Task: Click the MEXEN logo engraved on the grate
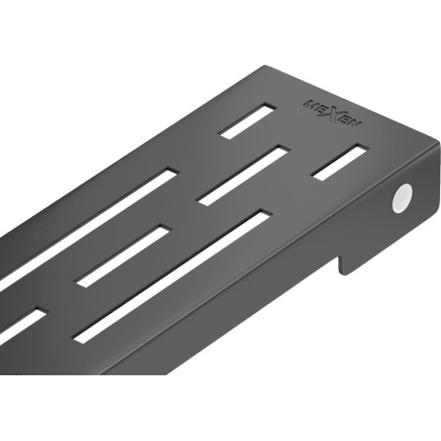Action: [332, 113]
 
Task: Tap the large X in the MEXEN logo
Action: [332, 113]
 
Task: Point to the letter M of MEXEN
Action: [310, 104]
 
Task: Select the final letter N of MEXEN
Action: [355, 124]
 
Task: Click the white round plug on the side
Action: [402, 198]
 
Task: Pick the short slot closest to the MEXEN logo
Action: [247, 121]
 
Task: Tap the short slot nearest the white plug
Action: [340, 162]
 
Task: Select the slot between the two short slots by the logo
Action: [244, 176]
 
